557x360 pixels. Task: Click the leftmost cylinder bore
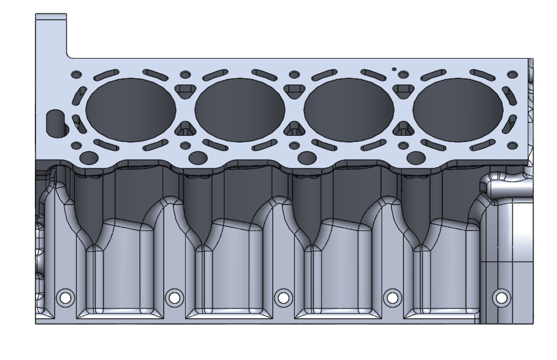pos(130,109)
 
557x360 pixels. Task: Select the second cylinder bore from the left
pos(240,109)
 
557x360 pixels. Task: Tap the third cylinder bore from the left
pos(349,109)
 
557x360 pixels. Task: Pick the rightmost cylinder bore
pos(458,109)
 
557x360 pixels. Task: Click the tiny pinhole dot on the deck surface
pos(394,70)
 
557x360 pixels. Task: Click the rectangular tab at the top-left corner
pos(51,35)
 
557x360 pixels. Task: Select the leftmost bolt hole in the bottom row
pos(65,298)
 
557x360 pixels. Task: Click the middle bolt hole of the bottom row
pos(283,298)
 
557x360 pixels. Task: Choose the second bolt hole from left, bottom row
pos(174,298)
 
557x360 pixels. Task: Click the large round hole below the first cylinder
pos(89,157)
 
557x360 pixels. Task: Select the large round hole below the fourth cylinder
pos(416,157)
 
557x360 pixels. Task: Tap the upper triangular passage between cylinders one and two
pos(185,89)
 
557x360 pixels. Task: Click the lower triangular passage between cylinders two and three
pos(294,128)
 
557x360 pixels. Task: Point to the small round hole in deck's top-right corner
pos(512,75)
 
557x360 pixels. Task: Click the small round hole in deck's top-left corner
pos(75,75)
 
